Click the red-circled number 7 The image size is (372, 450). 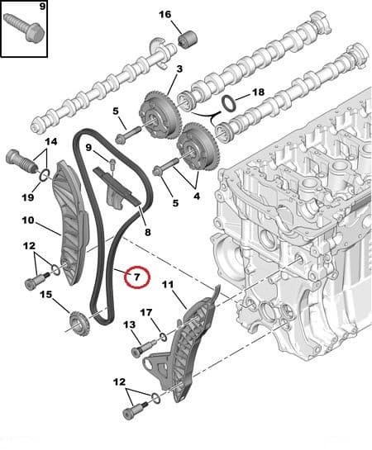[x=137, y=277]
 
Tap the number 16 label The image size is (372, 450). [x=165, y=14]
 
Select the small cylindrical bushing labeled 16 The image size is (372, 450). [x=188, y=40]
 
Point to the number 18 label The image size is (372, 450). [x=258, y=92]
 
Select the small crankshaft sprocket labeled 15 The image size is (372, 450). [x=79, y=323]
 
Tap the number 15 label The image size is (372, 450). [x=46, y=295]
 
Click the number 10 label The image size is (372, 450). [x=28, y=220]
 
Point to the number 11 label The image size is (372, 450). [x=168, y=284]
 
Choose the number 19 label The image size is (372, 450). [x=28, y=197]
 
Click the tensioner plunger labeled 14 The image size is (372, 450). [x=21, y=161]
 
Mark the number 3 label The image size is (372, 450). [x=179, y=69]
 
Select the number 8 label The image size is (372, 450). [x=148, y=232]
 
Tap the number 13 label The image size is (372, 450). [x=129, y=324]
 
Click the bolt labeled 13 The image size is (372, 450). [x=144, y=348]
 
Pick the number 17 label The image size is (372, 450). [x=146, y=313]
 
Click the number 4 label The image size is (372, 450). [x=197, y=196]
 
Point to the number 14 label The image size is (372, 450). [x=51, y=141]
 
